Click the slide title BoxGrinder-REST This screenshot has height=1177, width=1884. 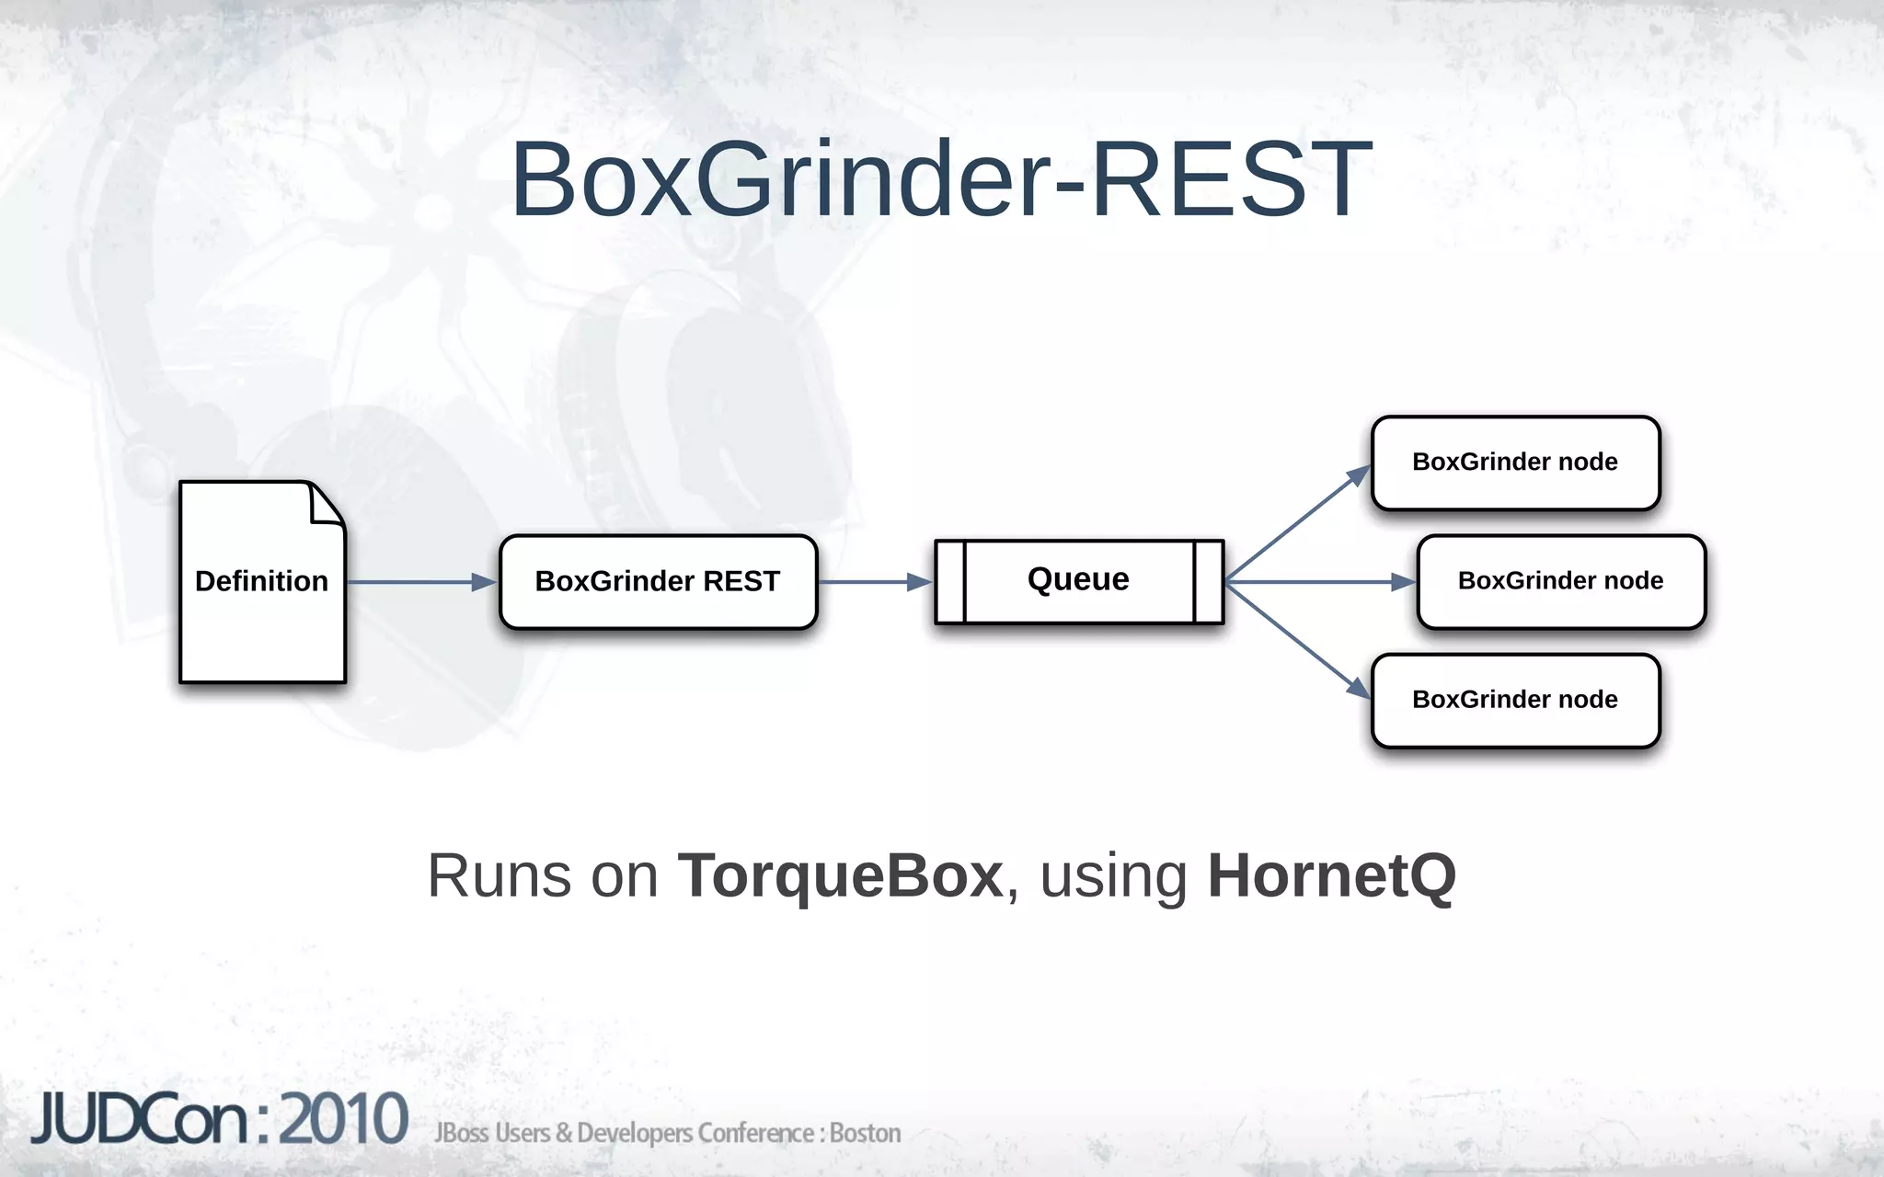(941, 178)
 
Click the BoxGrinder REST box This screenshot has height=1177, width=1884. (658, 582)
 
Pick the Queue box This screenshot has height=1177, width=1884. (1078, 581)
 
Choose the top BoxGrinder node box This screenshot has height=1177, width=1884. (1515, 463)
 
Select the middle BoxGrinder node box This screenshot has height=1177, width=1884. (1561, 581)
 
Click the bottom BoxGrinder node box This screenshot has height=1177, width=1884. (1515, 700)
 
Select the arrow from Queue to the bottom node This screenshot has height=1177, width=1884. (1297, 639)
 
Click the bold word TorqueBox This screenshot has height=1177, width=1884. (839, 875)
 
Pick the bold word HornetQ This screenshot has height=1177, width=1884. (1331, 875)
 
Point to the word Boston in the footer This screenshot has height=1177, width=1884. (865, 1133)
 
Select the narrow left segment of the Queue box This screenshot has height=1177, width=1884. (950, 582)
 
